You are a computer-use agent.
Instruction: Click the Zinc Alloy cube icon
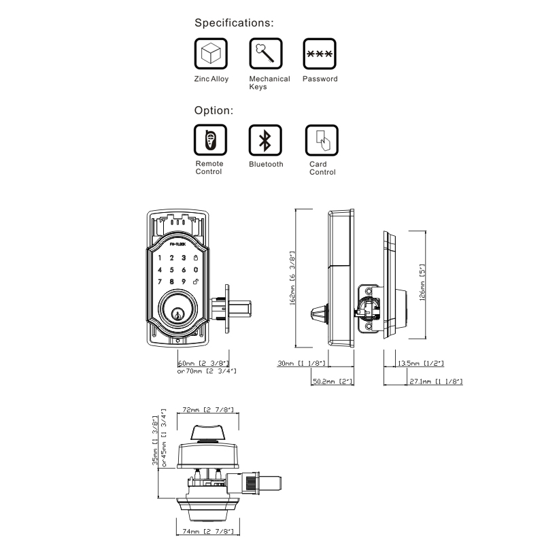click(211, 54)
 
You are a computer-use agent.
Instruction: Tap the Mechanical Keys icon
click(266, 54)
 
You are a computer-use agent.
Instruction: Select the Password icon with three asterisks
click(320, 54)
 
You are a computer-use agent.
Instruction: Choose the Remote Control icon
click(211, 139)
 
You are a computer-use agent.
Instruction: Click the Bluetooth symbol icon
click(266, 139)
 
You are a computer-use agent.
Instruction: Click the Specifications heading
click(235, 22)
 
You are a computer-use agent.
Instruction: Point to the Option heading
click(214, 110)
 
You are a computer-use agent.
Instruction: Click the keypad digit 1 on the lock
click(160, 258)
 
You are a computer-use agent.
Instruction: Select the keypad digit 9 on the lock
click(184, 281)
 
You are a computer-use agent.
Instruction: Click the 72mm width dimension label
click(209, 411)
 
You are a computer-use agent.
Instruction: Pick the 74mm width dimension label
click(209, 531)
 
